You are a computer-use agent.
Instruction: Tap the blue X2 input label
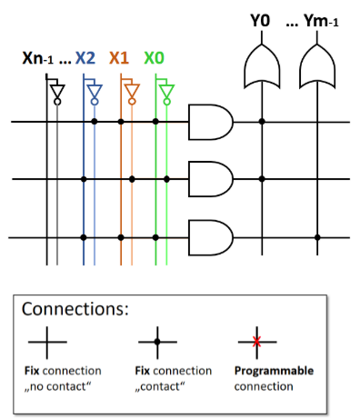click(85, 57)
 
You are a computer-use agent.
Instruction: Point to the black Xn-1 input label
click(40, 58)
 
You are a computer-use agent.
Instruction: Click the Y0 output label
click(261, 17)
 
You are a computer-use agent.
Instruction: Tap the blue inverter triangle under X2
click(95, 90)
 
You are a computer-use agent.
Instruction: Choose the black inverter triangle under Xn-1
click(56, 90)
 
